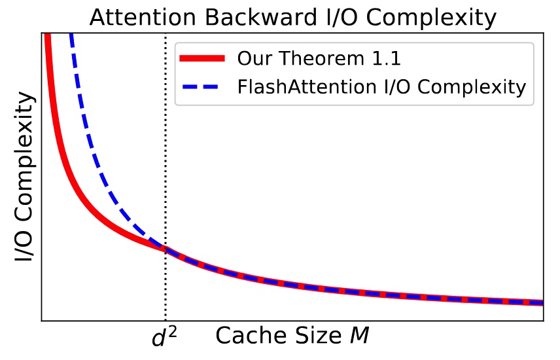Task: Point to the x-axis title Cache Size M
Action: [292, 336]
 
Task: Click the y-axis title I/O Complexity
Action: [24, 177]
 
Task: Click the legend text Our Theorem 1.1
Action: [319, 58]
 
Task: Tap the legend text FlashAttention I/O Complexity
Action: [381, 86]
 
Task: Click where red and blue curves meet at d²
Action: [166, 249]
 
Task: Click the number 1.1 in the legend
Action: [385, 58]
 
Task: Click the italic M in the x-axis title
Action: [359, 336]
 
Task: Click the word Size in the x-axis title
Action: [311, 336]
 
